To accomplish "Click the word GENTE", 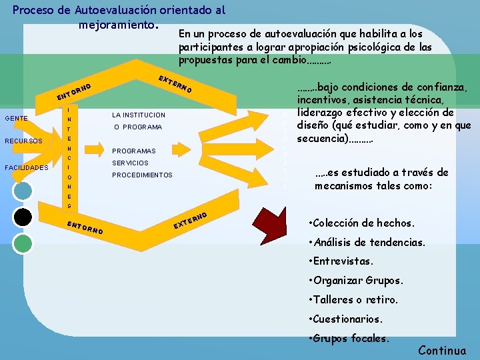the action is (16, 119).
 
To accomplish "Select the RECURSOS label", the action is (23, 141).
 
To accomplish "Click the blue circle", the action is (23, 191).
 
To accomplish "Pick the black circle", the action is (23, 217).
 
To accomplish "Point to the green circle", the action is (23, 243).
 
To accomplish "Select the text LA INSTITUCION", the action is (139, 115).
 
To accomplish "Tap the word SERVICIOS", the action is (131, 163).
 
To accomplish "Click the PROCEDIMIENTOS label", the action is (142, 175).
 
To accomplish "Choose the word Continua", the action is (442, 351).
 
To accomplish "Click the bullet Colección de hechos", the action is (363, 222).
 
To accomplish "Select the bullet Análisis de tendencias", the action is (368, 243).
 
